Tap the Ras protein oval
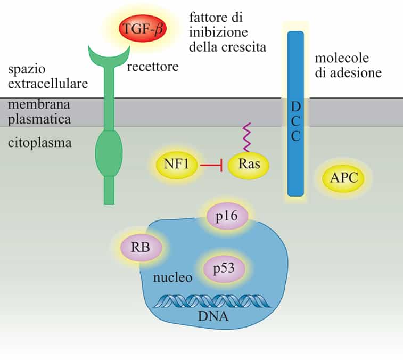pos(249,165)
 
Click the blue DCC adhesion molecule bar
pos(295,113)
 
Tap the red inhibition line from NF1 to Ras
pos(213,165)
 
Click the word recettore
pos(152,68)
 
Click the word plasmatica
pos(39,118)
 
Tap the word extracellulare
pos(48,83)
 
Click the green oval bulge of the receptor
pos(109,153)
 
